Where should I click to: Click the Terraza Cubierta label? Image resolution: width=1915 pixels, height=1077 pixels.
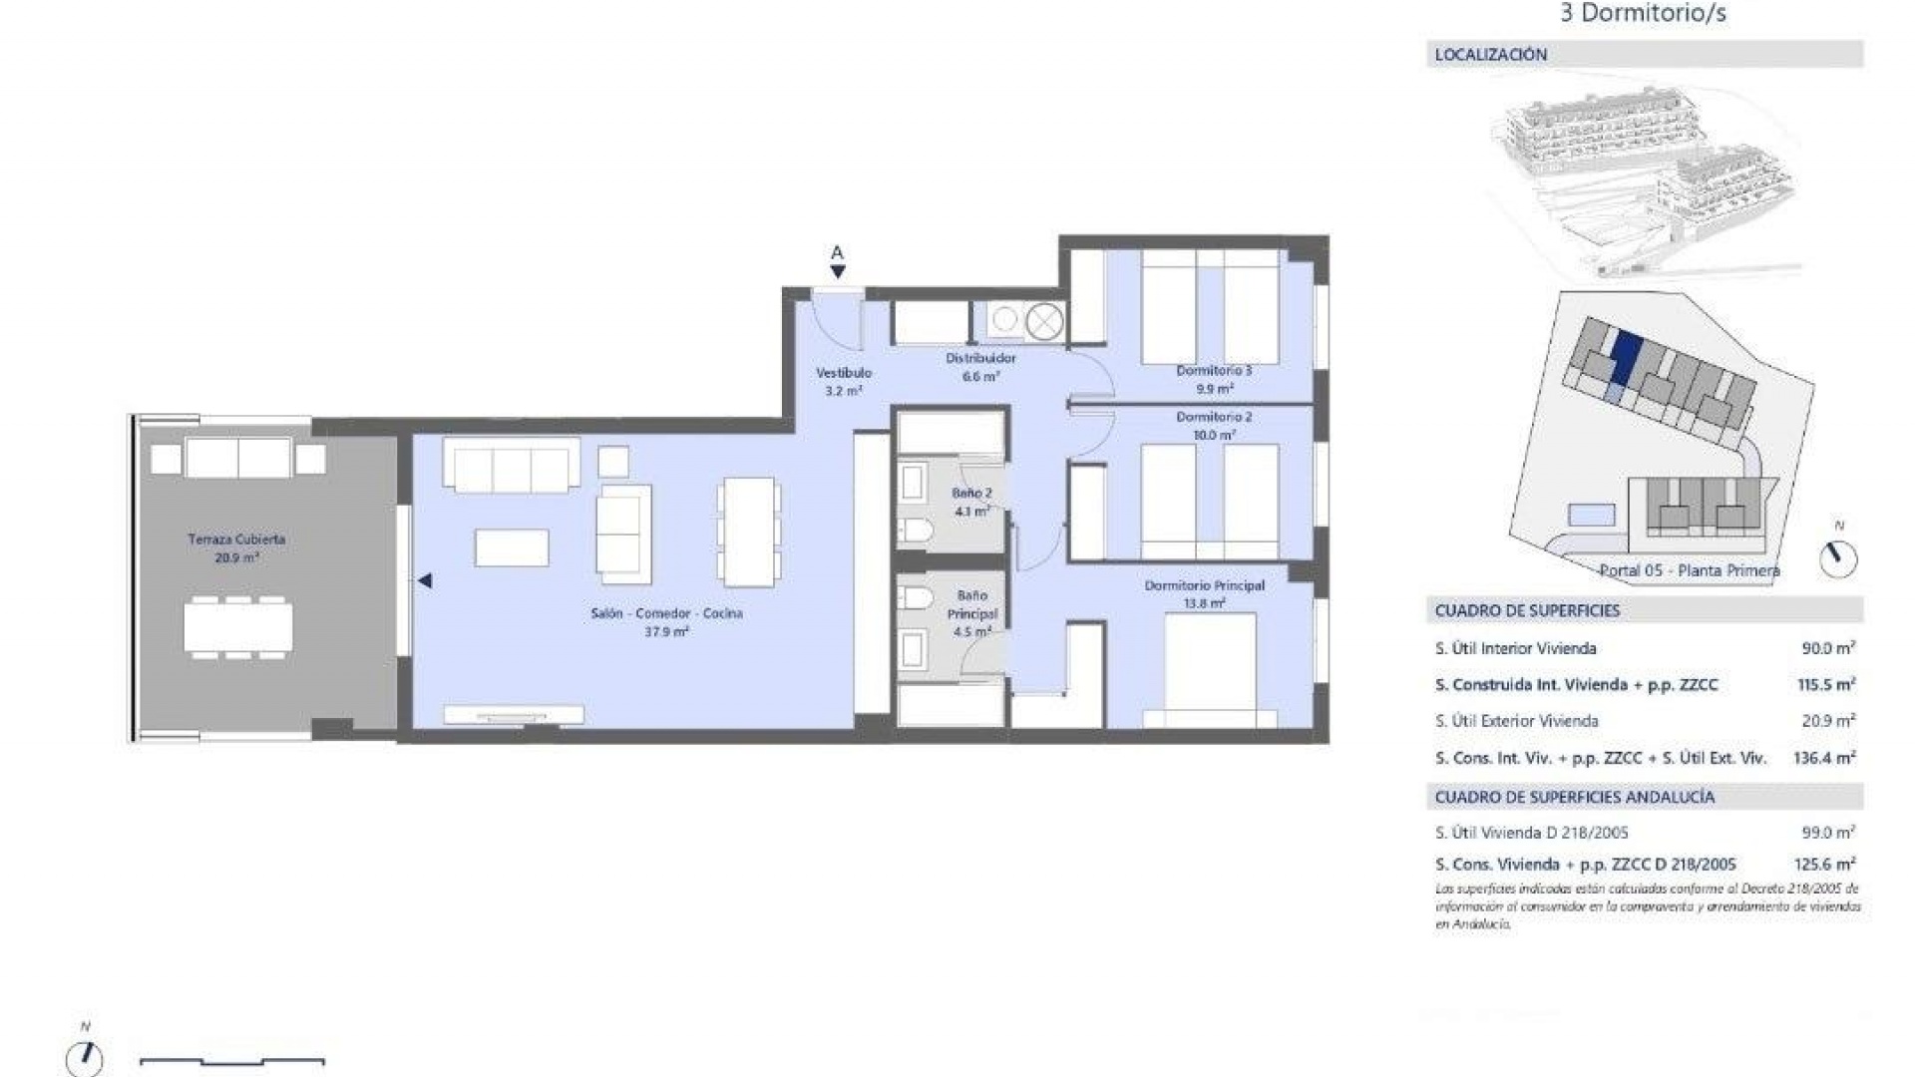[236, 539]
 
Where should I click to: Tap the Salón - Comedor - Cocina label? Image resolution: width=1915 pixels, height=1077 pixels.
[666, 613]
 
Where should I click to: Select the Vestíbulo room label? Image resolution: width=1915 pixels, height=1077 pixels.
[844, 372]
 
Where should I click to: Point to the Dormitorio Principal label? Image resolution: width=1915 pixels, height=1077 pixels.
[1204, 585]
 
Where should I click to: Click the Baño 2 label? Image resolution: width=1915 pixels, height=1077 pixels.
[971, 493]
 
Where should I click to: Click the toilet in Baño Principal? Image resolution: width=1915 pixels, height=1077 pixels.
[915, 598]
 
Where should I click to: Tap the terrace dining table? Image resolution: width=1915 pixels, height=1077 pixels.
[238, 627]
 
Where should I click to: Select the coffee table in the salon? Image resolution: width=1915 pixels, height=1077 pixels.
[512, 547]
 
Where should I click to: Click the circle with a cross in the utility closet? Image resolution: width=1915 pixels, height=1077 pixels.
[1044, 321]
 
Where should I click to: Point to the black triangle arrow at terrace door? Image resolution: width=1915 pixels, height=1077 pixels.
[425, 580]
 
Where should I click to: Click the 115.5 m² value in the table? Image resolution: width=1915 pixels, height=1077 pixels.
[1825, 685]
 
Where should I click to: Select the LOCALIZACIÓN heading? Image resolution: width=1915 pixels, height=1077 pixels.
[1490, 55]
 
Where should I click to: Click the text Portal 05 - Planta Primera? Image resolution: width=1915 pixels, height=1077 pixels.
[1689, 570]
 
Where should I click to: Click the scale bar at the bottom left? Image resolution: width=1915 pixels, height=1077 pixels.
[231, 1061]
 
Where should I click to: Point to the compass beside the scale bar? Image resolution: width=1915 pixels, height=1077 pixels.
[85, 1057]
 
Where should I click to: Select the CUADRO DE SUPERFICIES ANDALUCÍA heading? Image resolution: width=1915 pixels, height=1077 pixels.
[1574, 797]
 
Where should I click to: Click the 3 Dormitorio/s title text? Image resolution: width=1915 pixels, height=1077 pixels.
[1643, 14]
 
